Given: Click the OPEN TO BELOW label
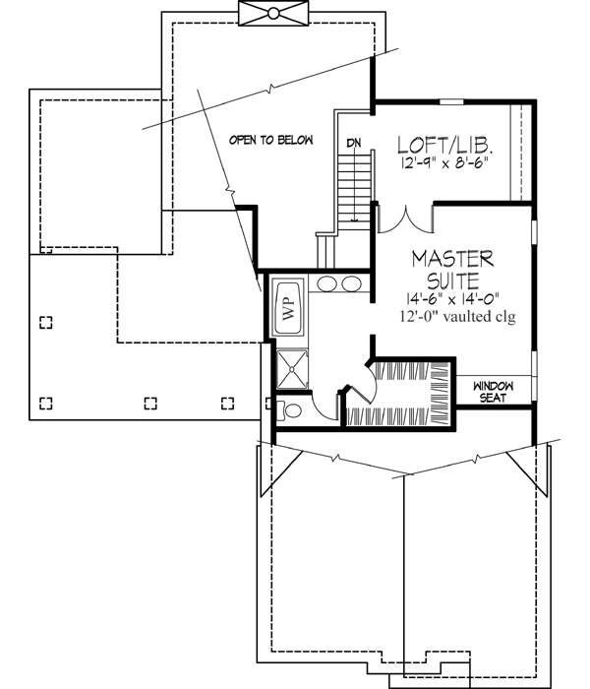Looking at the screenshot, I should point(270,141).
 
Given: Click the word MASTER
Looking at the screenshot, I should point(451,258).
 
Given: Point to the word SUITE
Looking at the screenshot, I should point(451,279).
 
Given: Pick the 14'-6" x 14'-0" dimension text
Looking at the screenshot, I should point(451,298).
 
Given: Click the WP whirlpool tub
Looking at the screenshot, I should point(288,306).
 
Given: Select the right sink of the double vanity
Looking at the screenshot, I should point(352,285).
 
